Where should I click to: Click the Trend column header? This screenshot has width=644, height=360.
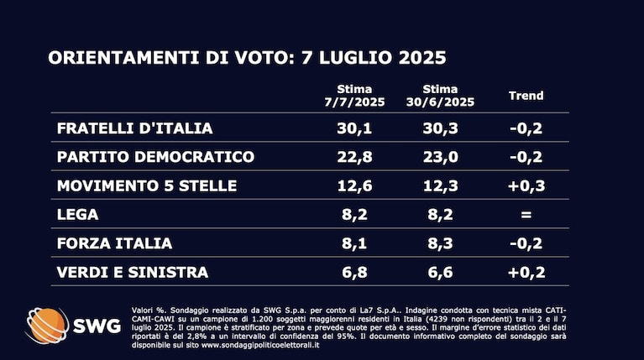click(526, 96)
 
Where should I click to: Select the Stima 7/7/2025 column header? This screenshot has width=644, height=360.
click(354, 96)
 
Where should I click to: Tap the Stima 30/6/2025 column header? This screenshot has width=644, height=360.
click(440, 96)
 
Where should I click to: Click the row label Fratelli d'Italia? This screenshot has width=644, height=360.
click(134, 128)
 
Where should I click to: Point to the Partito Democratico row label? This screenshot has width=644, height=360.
click(155, 157)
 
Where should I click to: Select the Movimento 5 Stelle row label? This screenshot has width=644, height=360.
click(147, 185)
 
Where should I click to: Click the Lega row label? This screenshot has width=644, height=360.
click(77, 214)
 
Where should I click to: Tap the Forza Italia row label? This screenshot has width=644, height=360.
click(114, 243)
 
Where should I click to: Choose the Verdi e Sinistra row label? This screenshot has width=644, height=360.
click(133, 272)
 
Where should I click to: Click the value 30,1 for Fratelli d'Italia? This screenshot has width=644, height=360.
click(354, 128)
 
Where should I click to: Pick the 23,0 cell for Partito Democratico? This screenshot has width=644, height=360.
click(440, 157)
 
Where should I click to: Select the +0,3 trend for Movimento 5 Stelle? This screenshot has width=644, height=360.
click(526, 185)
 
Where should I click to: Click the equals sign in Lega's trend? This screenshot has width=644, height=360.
click(526, 215)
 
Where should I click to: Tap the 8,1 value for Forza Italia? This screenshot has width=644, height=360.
click(354, 243)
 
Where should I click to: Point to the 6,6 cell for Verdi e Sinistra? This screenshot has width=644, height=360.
click(440, 272)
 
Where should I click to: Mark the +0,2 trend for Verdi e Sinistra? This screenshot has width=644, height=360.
click(526, 272)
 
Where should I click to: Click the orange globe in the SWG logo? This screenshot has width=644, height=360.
click(47, 326)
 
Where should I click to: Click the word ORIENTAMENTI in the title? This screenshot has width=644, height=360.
click(123, 57)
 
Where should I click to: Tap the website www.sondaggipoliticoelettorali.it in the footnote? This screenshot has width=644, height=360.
click(260, 345)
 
